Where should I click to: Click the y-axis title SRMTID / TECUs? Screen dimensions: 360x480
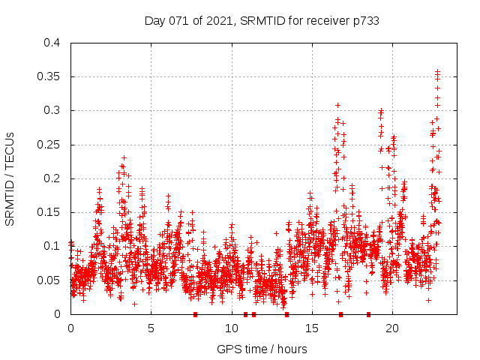tap(10, 178)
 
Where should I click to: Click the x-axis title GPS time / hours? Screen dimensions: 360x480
tap(262, 349)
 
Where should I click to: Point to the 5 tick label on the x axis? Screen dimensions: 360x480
tap(151, 328)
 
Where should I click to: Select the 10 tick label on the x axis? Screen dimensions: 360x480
tap(231, 328)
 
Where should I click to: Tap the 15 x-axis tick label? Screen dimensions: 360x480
tap(311, 328)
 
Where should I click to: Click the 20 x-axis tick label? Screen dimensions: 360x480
tap(391, 328)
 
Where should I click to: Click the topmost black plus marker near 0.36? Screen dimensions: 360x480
tap(438, 71)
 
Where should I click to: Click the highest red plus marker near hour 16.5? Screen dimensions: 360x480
tap(337, 105)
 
